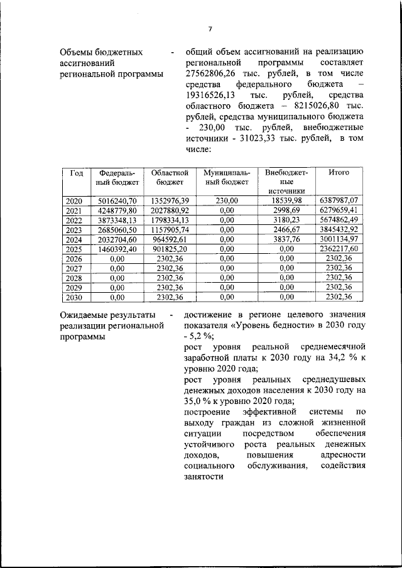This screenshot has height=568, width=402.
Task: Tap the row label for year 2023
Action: point(74,230)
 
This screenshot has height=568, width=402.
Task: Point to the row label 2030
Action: point(74,298)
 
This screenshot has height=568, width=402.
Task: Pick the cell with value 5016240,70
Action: point(114,200)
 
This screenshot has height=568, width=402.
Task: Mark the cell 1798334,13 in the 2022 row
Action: point(166,220)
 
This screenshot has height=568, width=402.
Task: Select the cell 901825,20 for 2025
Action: point(166,249)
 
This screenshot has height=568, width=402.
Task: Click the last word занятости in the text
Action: point(204,477)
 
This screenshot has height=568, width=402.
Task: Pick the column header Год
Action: point(77,172)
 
